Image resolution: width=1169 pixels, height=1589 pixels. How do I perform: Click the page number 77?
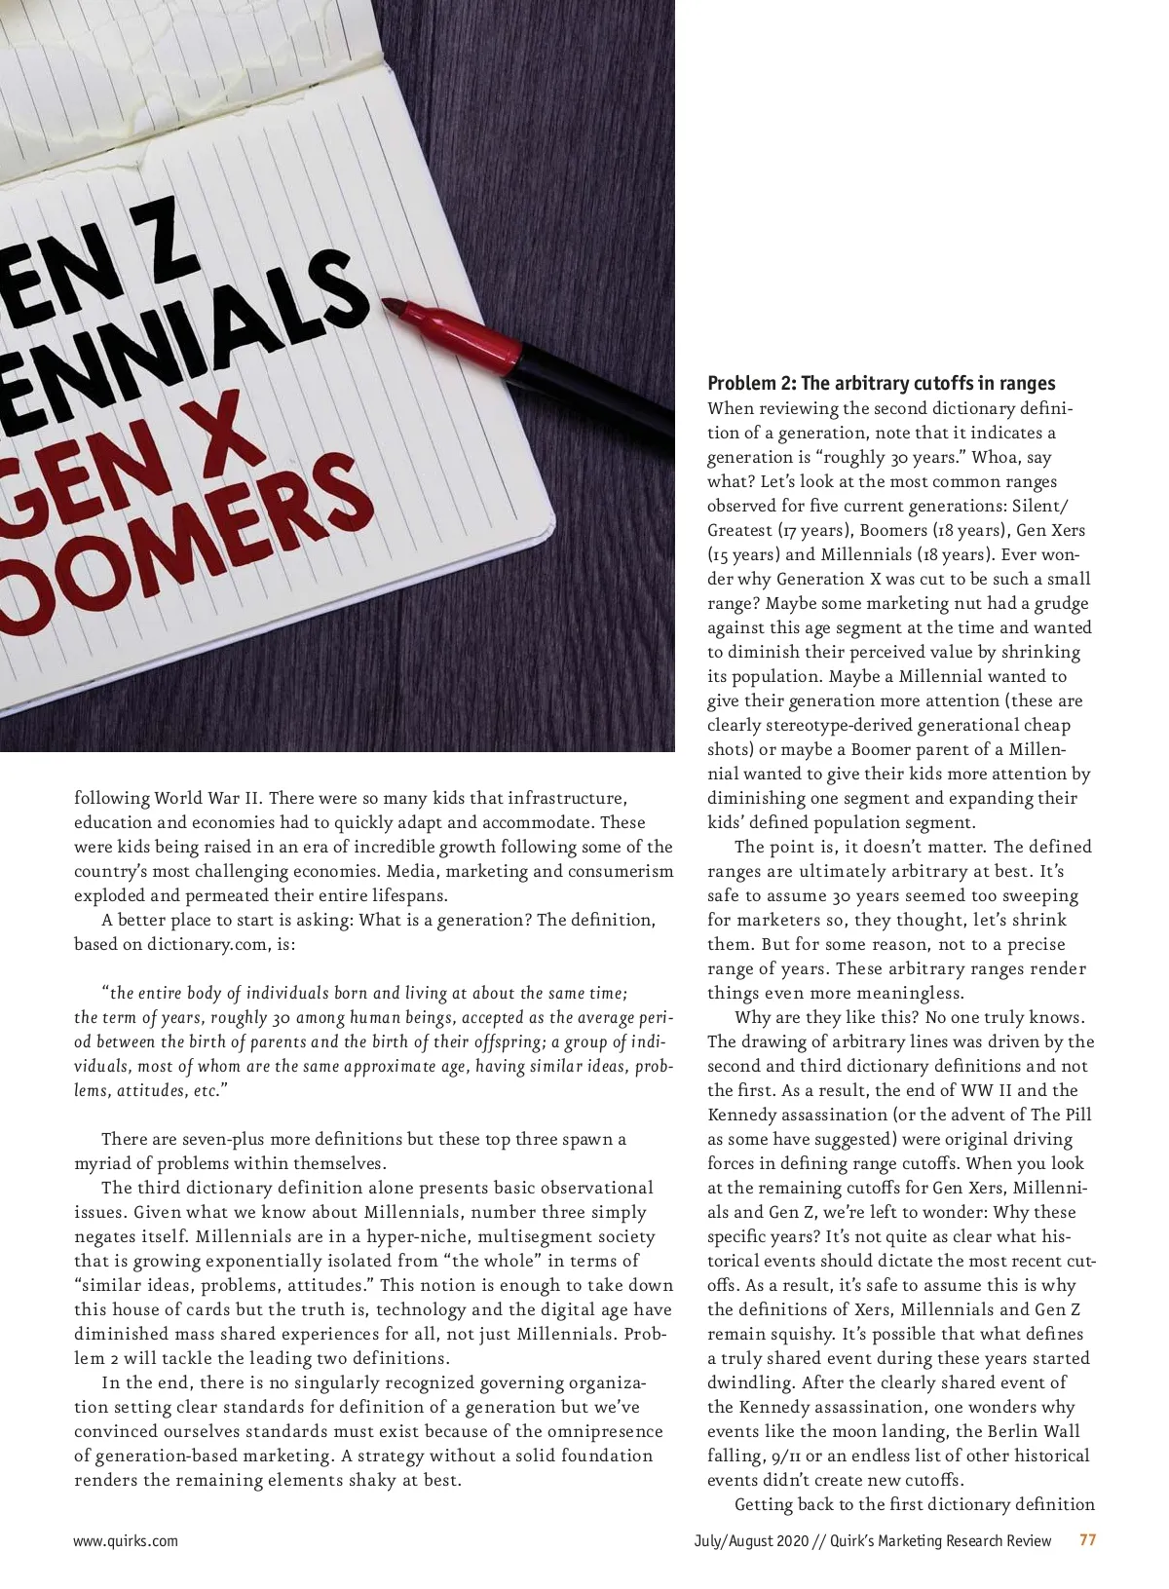click(1088, 1540)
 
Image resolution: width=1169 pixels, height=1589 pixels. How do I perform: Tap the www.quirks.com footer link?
click(126, 1540)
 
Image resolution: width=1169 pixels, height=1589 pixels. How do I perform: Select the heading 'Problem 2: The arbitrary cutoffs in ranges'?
click(881, 383)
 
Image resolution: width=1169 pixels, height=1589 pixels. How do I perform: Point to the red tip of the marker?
click(395, 306)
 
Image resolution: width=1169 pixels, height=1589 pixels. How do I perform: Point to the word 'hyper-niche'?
click(421, 1236)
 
